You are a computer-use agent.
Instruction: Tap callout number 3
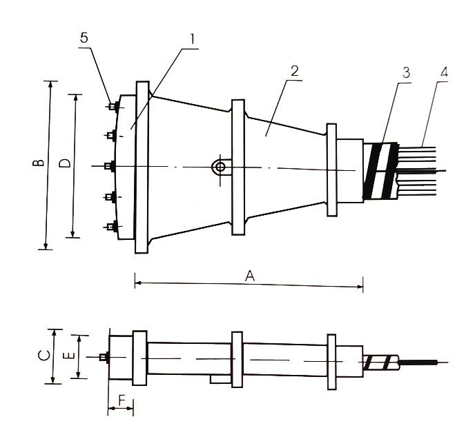[x=406, y=72]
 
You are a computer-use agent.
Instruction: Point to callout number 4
[x=443, y=72]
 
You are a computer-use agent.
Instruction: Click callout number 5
[x=84, y=39]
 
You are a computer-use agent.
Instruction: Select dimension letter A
[x=250, y=275]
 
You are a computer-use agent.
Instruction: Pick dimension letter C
[x=43, y=356]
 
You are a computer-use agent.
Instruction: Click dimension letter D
[x=64, y=163]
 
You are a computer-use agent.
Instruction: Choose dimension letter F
[x=122, y=399]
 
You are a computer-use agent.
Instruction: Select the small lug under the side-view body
[x=220, y=378]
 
